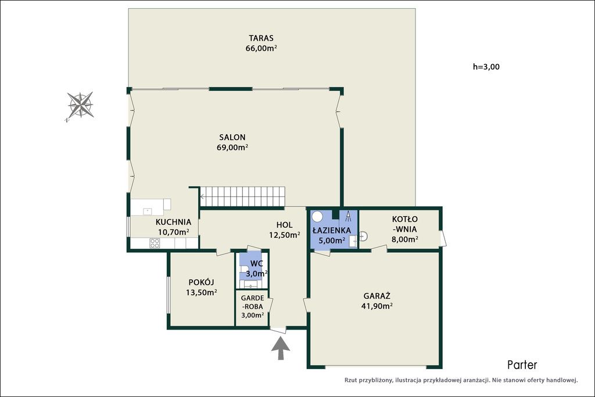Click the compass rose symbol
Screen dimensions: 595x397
[80, 105]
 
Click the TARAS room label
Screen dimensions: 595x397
[261, 38]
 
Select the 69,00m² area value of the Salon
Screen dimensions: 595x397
[232, 147]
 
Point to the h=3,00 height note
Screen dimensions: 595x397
[486, 67]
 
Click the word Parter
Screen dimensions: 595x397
[522, 364]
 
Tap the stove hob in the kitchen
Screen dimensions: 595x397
[155, 243]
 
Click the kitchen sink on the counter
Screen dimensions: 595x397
[148, 212]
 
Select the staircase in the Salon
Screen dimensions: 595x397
[242, 196]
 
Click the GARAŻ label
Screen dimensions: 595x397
[377, 296]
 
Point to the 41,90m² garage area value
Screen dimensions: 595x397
[377, 306]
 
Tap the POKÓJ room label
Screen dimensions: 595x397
[201, 282]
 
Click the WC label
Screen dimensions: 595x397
[256, 263]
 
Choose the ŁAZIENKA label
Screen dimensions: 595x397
[332, 230]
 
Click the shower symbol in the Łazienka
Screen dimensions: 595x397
[348, 216]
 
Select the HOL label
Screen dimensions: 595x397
[284, 225]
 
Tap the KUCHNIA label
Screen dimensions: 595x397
[173, 222]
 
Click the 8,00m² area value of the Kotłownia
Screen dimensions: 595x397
[405, 239]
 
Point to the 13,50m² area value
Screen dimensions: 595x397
[201, 292]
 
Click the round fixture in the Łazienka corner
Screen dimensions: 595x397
[317, 217]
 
